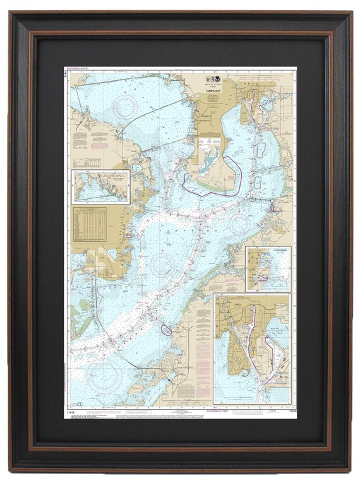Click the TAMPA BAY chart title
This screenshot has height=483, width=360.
point(209,91)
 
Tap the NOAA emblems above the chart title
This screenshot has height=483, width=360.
point(209,83)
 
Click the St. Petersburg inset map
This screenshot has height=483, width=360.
point(268,269)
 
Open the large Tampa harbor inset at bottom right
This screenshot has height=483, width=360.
point(252,349)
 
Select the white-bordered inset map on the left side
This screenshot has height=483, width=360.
point(100,186)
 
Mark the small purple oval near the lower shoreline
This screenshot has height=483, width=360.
point(166,329)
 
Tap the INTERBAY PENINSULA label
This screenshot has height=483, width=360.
point(208,119)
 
